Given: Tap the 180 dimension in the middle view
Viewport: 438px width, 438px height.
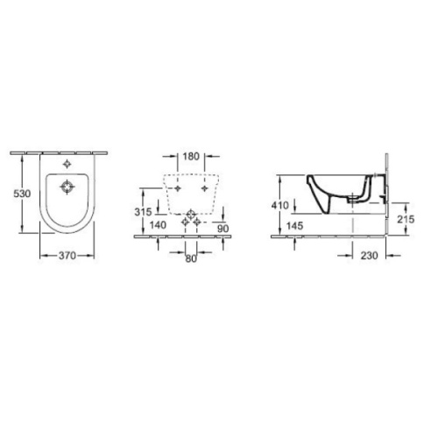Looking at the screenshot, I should [191, 159].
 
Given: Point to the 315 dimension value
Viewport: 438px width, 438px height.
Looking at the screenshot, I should [145, 212].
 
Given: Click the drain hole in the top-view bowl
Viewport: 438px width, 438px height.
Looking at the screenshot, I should [69, 186].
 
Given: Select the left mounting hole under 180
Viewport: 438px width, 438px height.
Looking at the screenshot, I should [177, 188].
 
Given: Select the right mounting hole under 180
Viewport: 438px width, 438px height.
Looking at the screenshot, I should [204, 188].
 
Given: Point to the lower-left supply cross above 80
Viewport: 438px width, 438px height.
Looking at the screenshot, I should [183, 224].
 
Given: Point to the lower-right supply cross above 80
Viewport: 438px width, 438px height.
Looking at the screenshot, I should [198, 224].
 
